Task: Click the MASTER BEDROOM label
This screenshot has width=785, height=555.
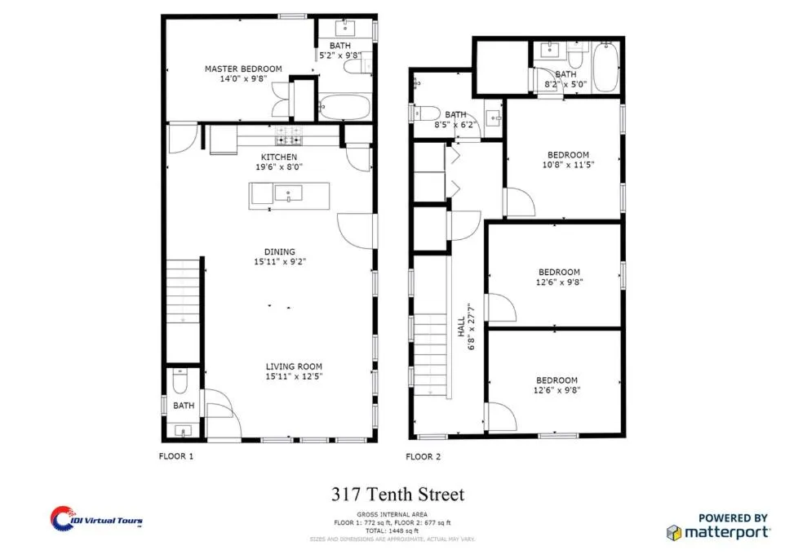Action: click(x=243, y=69)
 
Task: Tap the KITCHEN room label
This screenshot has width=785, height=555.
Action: click(x=278, y=157)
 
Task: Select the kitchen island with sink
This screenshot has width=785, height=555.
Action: click(x=290, y=195)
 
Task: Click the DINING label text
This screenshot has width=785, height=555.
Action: click(x=279, y=252)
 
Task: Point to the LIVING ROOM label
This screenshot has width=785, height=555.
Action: click(x=294, y=366)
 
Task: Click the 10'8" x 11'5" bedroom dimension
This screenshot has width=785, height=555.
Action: click(x=568, y=165)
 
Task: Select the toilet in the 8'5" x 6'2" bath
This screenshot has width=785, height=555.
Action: click(x=430, y=113)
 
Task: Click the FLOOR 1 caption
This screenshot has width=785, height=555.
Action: click(x=175, y=457)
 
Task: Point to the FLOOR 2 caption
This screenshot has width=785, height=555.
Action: click(x=424, y=457)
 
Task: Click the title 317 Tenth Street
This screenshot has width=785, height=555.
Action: click(x=397, y=495)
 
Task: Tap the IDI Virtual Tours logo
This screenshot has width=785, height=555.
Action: click(x=95, y=518)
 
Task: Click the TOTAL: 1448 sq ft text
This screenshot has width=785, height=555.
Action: click(x=392, y=531)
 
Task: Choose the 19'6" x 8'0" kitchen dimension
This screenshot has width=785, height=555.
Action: click(x=278, y=166)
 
